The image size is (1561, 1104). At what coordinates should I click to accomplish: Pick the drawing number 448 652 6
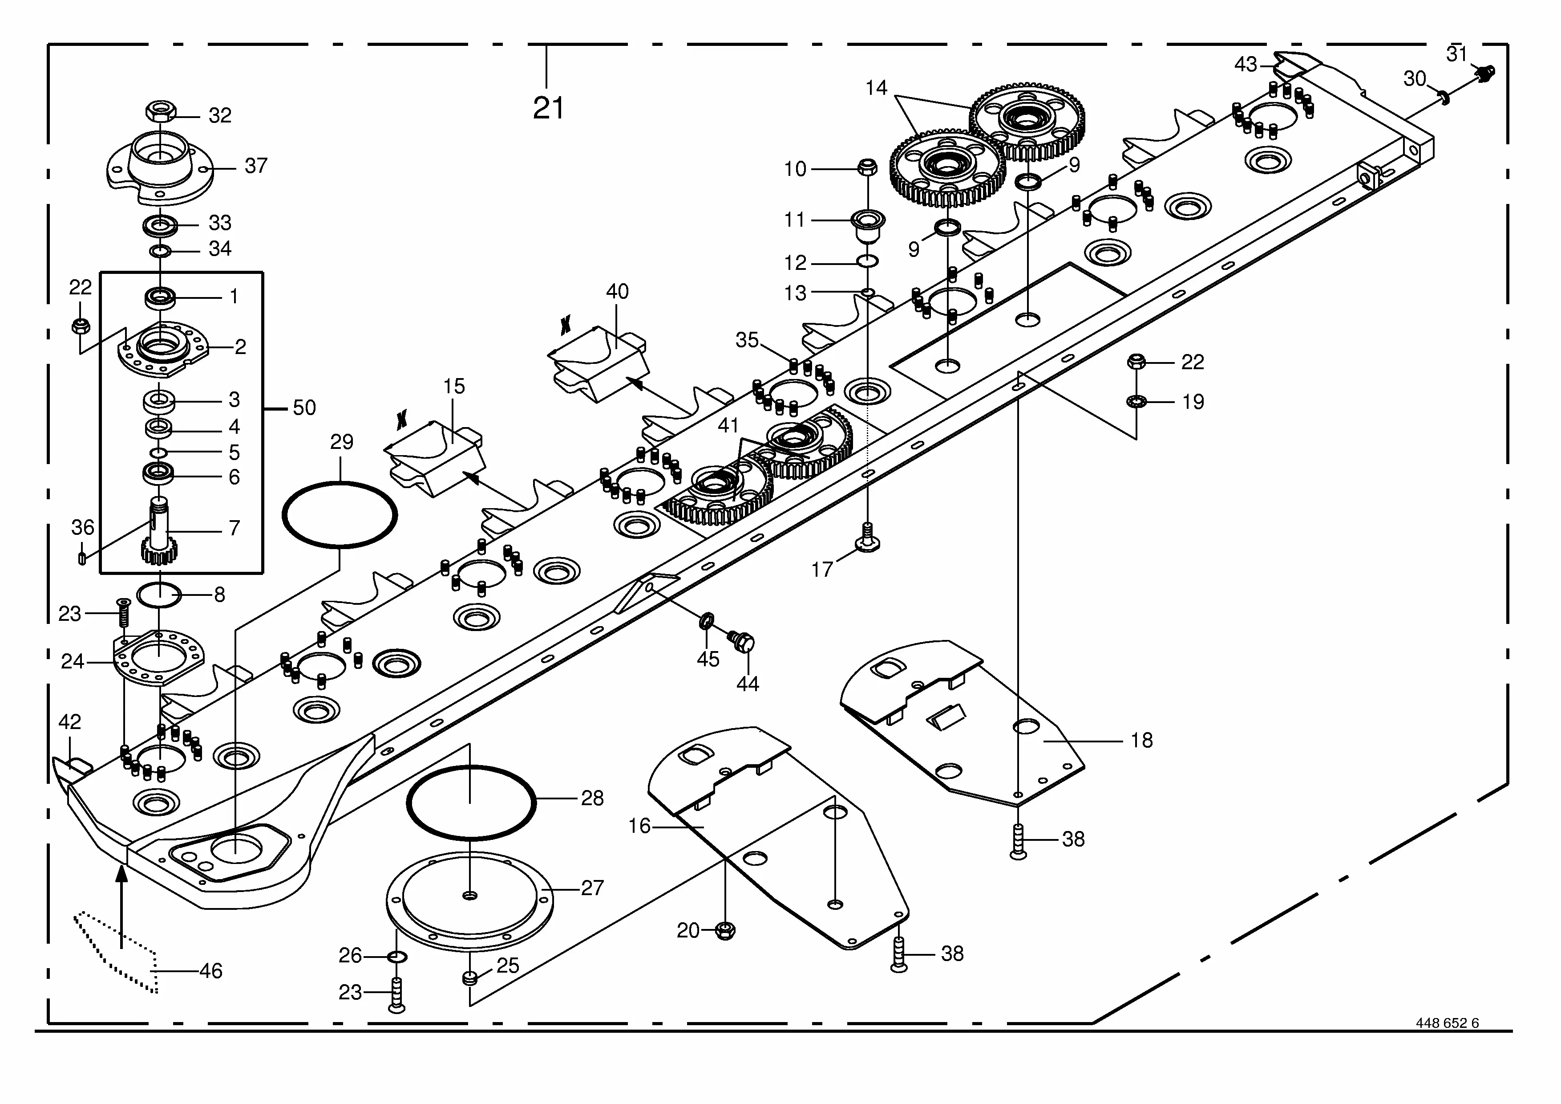click(1448, 1042)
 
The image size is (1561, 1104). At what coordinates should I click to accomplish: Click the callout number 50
click(304, 407)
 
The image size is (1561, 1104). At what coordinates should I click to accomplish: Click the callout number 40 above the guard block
click(617, 291)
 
